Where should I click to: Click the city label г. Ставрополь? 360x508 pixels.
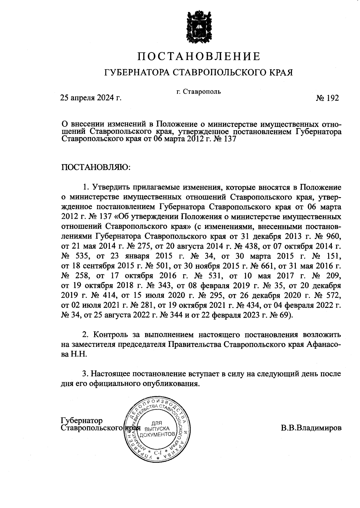pyautogui.click(x=199, y=92)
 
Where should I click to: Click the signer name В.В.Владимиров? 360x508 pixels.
pyautogui.click(x=311, y=428)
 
